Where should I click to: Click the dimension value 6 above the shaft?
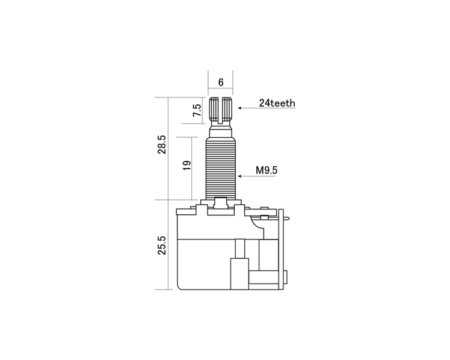click(221, 82)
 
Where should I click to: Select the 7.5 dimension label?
click(197, 110)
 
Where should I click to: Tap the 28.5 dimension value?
click(162, 144)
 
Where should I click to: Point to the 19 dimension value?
click(187, 165)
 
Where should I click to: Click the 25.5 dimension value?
click(162, 246)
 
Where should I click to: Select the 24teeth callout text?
click(277, 103)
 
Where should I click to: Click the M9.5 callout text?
click(267, 170)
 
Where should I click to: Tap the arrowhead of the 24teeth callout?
click(239, 108)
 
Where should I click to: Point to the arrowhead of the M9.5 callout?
click(239, 176)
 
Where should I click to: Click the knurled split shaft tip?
click(221, 110)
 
